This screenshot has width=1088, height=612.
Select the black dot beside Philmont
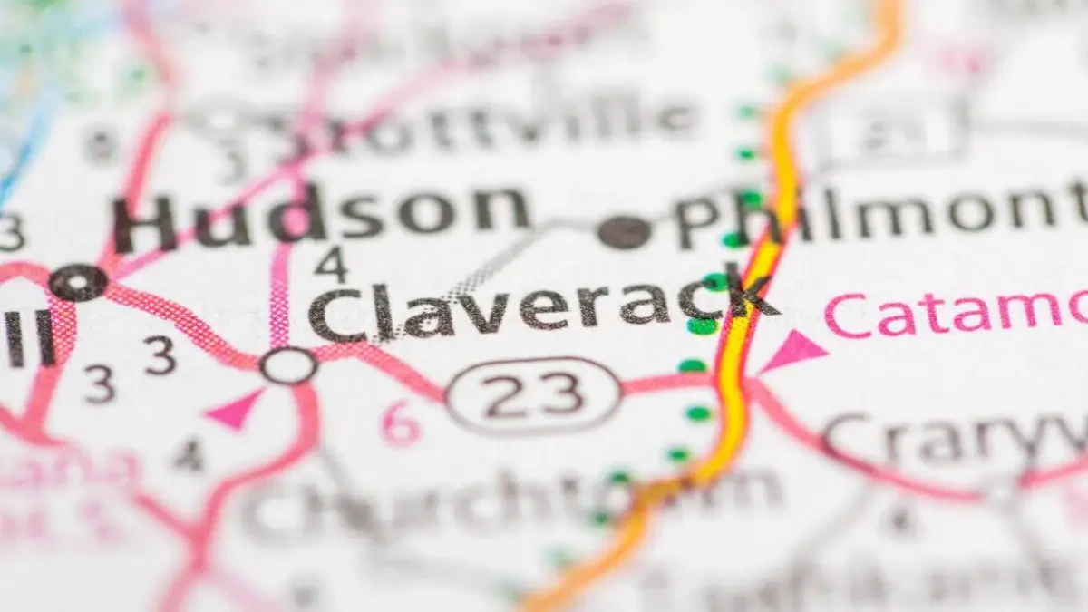[x=625, y=232]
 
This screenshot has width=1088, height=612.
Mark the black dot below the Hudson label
[x=78, y=283]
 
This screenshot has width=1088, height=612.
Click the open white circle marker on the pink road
[x=288, y=365]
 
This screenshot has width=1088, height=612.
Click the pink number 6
[x=400, y=423]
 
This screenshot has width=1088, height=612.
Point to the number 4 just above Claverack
[x=331, y=264]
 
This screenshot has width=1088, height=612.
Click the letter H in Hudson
[x=145, y=224]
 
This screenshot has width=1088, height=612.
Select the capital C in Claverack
[x=337, y=315]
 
